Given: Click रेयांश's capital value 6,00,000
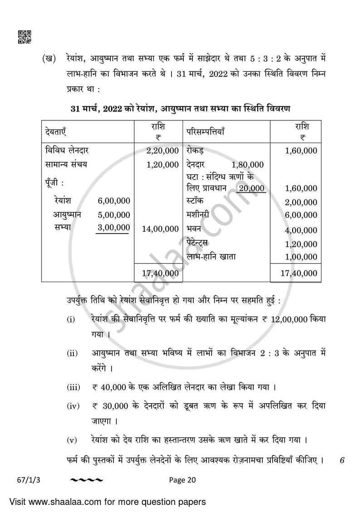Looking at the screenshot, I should click(114, 201).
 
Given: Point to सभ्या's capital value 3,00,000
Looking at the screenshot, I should click(114, 227).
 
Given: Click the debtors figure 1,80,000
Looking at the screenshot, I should click(247, 165).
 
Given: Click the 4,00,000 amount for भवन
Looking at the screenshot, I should click(301, 230).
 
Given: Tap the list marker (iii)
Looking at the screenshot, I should click(74, 387).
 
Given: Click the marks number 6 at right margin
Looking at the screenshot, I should click(342, 460).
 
